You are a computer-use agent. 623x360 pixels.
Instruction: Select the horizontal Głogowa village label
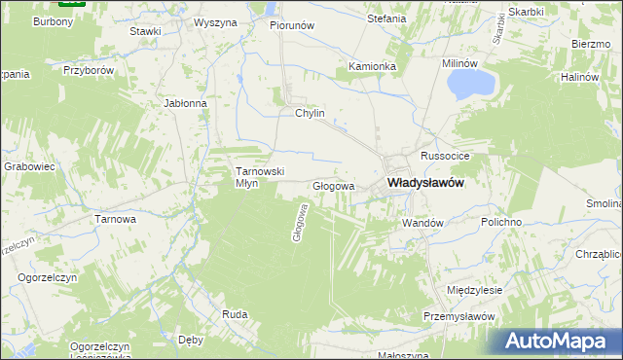point(333,185)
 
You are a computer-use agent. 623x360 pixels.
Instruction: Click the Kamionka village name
point(373,66)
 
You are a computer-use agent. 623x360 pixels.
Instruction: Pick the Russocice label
point(446,156)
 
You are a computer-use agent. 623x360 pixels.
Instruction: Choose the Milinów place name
point(461,62)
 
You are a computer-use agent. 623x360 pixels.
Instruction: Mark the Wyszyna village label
point(215,22)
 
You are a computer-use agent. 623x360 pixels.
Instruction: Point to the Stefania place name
point(385,18)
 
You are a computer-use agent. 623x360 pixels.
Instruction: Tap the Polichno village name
point(501,223)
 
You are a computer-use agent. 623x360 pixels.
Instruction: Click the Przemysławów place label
point(460,317)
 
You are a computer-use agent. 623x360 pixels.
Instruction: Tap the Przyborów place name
point(89,71)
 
